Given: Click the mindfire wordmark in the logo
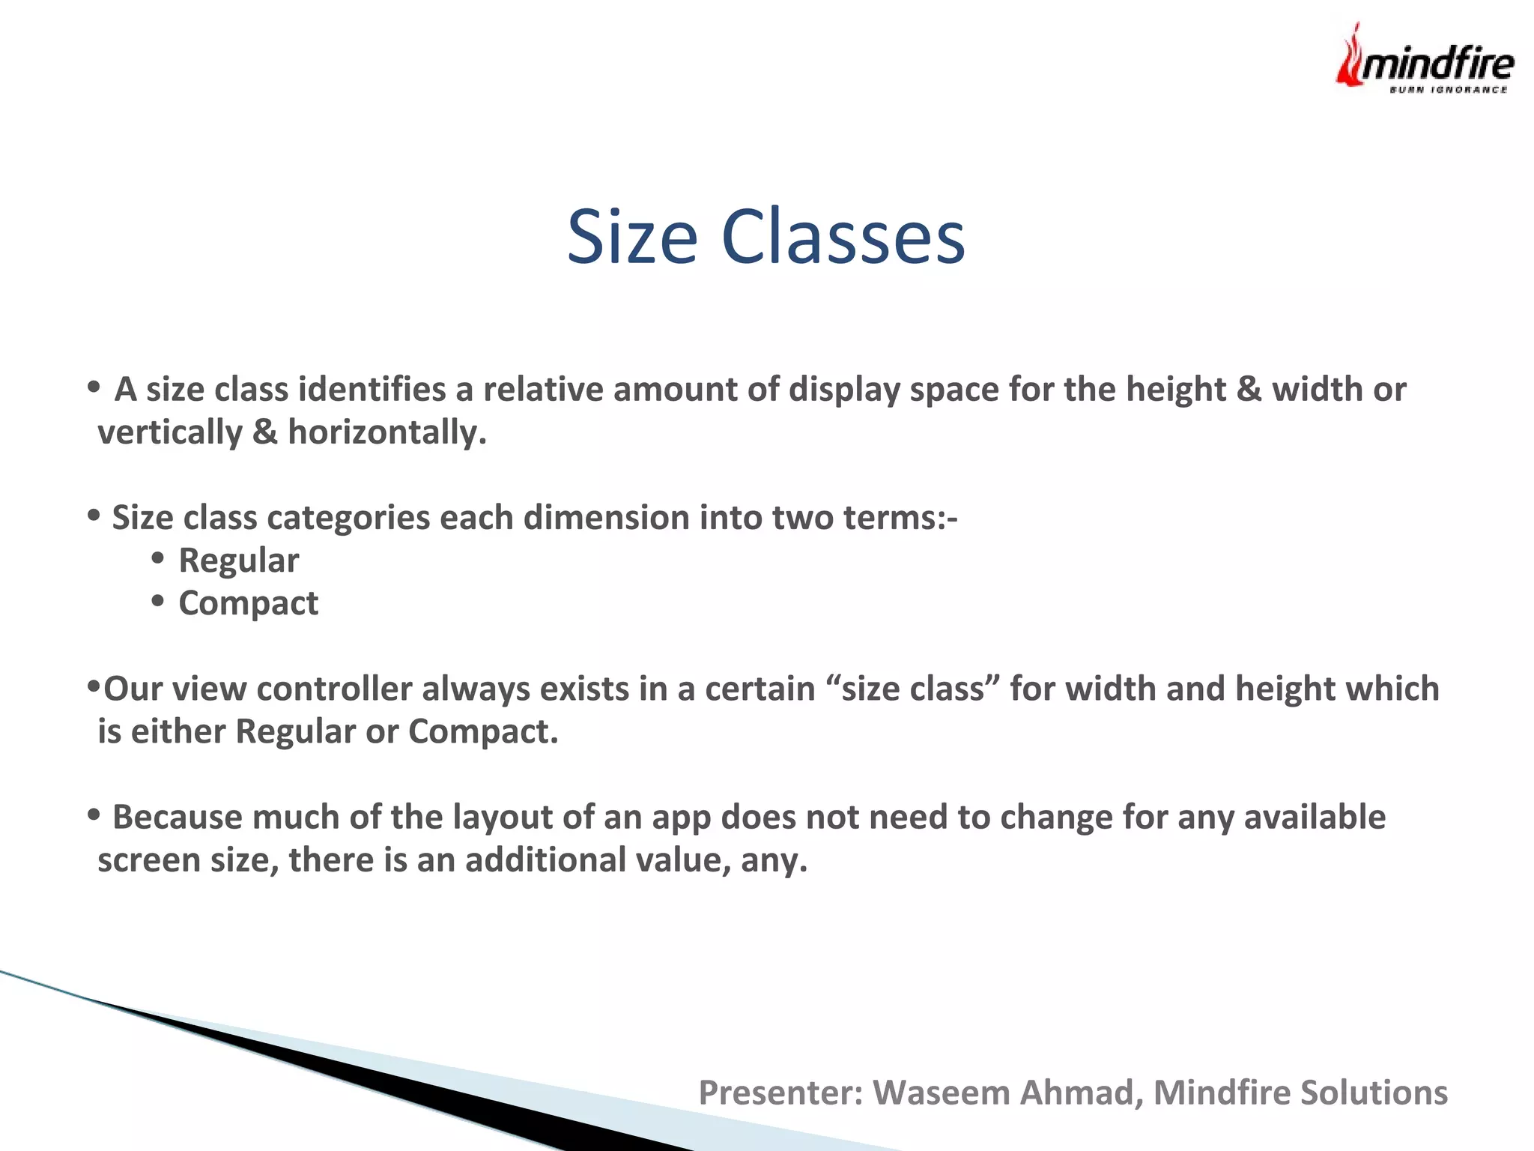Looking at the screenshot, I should (x=1437, y=63).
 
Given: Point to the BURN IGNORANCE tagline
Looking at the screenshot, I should (x=1448, y=90).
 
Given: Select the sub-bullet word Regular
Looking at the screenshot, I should (x=238, y=561).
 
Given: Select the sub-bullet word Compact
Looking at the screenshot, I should (x=248, y=603).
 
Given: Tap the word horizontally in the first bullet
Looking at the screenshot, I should (x=386, y=432).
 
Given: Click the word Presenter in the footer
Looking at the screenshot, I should (x=779, y=1093).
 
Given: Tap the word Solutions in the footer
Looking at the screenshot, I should (x=1373, y=1093).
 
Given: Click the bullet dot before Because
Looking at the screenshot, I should (x=94, y=814).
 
